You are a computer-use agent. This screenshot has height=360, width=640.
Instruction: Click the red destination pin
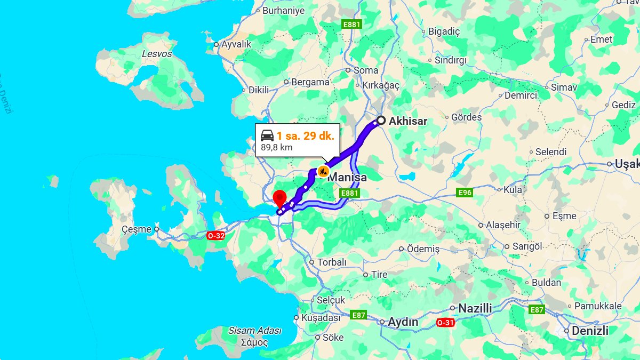[x=279, y=198]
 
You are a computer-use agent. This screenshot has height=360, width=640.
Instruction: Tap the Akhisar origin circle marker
[x=381, y=121]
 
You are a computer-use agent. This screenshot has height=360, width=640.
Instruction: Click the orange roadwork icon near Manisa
[x=323, y=171]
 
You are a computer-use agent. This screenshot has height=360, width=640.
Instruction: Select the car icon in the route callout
[x=267, y=135]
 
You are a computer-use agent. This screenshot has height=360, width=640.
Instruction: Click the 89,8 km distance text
[x=276, y=147]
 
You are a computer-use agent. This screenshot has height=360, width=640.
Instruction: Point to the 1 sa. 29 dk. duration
[x=305, y=135]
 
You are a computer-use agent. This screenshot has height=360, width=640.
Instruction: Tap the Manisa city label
[x=347, y=177]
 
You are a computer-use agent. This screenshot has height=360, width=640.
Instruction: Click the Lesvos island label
[x=157, y=54]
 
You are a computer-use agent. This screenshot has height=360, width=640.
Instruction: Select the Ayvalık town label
[x=236, y=44]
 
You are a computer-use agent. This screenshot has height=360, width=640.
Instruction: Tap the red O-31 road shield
[x=446, y=323]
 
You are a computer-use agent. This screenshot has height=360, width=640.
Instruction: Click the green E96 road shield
[x=465, y=192]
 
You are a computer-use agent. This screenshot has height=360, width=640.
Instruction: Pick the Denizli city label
[x=590, y=331]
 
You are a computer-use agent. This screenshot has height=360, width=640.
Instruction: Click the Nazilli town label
[x=475, y=308]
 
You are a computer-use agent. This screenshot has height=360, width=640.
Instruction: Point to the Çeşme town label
[x=137, y=229]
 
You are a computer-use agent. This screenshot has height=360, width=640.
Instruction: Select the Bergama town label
[x=310, y=82]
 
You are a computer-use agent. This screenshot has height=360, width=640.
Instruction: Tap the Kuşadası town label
[x=321, y=317]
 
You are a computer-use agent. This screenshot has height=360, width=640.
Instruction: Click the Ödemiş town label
[x=423, y=249]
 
